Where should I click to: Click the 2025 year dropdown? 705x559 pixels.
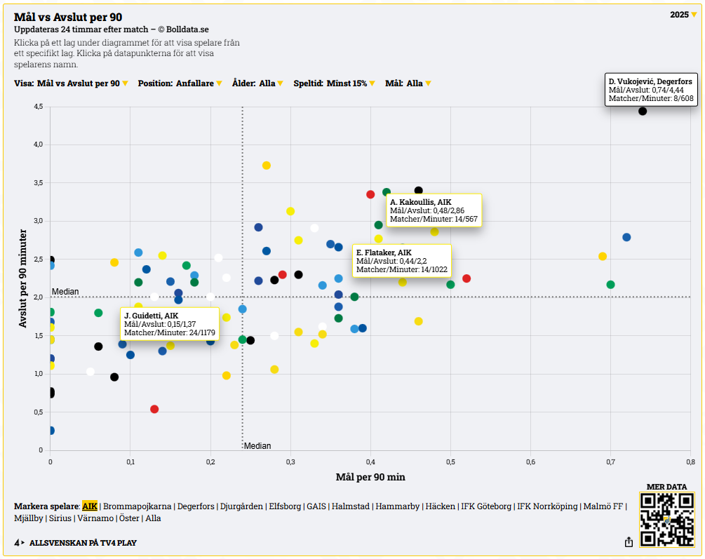click(x=683, y=15)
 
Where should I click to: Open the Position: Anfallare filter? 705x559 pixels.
click(x=180, y=83)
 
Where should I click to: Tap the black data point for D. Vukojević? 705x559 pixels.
click(x=643, y=111)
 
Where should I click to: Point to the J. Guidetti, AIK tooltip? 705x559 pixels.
click(x=169, y=324)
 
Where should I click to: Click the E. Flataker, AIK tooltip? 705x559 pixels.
click(x=401, y=260)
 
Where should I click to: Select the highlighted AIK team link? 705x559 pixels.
click(x=90, y=506)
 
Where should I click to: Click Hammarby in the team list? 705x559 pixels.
click(x=398, y=506)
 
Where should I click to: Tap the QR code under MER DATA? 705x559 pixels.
click(x=666, y=520)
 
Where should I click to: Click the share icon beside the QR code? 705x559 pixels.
click(x=629, y=542)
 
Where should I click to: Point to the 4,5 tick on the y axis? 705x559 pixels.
click(x=38, y=107)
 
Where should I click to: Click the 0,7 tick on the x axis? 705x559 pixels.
click(x=610, y=462)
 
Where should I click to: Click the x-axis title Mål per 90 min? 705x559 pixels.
click(x=370, y=478)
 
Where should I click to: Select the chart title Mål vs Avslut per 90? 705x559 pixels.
click(x=68, y=17)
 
